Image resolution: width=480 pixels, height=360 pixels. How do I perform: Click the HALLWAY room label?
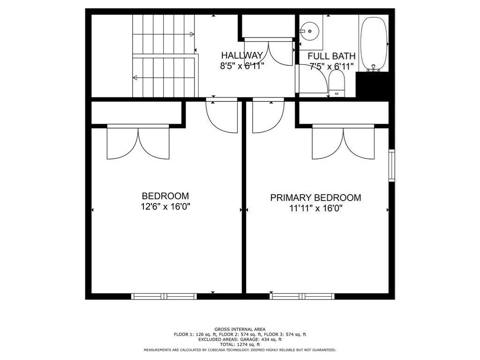242,55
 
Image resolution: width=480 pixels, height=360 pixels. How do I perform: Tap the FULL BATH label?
331,56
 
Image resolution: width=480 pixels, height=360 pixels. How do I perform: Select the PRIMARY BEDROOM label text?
315,198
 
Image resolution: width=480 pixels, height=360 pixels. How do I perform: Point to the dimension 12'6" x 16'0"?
165,206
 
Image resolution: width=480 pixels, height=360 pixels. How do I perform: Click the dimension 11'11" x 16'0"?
315,208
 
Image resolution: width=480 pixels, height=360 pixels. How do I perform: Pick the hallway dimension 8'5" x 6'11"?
242,66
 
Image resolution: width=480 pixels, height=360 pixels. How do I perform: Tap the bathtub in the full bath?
374,44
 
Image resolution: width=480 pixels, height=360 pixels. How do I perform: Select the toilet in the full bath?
337,84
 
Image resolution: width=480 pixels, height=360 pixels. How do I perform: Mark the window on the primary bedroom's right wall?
392,165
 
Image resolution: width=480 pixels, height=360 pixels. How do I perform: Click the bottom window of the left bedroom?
164,296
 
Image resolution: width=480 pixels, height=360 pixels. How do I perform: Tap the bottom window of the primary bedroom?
302,296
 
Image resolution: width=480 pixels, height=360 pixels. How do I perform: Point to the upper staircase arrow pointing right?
191,34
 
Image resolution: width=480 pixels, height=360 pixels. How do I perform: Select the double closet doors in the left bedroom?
138,142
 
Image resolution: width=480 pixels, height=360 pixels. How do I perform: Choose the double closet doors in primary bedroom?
344,142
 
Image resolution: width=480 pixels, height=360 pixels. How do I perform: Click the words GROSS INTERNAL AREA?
240,330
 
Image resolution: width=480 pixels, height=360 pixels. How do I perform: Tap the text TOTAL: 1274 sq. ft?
240,344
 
